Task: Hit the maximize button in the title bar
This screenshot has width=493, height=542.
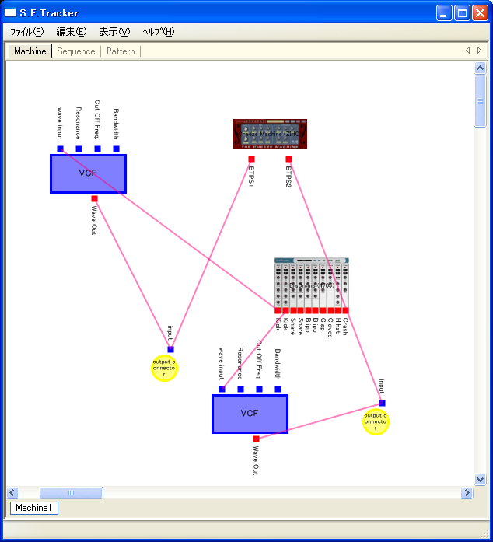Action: [x=462, y=12]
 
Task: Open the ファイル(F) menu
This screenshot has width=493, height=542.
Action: [x=26, y=32]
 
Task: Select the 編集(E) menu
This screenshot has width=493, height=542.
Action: [x=72, y=32]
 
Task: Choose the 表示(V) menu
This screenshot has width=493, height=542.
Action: [x=114, y=32]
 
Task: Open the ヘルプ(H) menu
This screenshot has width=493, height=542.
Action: [x=159, y=32]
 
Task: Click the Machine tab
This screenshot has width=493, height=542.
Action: [x=30, y=51]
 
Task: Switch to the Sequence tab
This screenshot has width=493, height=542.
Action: [x=76, y=51]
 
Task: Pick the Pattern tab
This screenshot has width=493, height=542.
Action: [x=121, y=51]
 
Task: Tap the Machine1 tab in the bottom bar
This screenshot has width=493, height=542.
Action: [x=33, y=508]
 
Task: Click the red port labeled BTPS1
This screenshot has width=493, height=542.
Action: [x=251, y=159]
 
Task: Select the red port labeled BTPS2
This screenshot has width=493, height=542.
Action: [x=288, y=159]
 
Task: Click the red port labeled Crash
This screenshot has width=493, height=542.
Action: [x=345, y=310]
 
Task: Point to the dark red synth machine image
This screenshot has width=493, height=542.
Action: [x=270, y=134]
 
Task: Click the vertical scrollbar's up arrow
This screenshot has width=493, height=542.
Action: [x=480, y=68]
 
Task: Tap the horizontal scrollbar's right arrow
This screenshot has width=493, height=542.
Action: [x=467, y=492]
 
